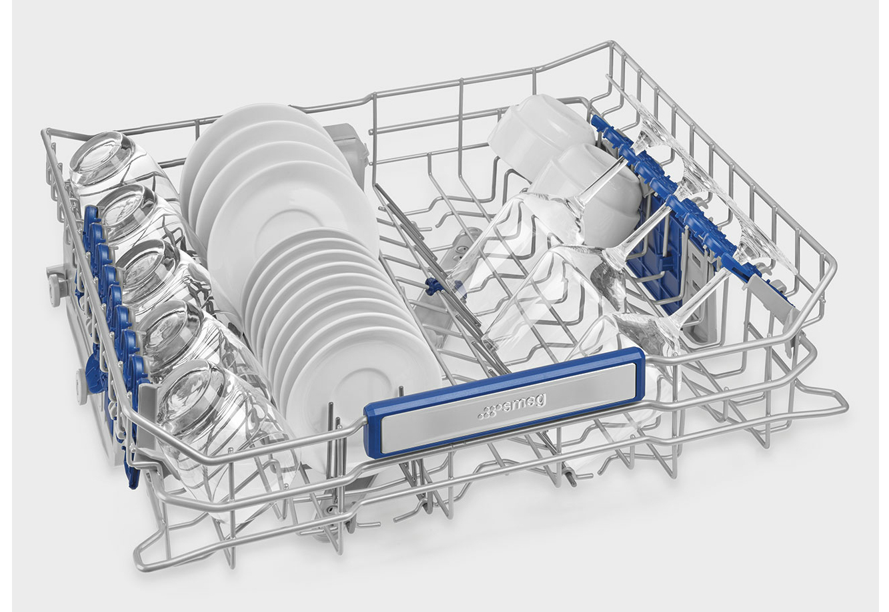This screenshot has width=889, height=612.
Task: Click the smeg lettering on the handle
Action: pyautogui.click(x=526, y=404)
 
